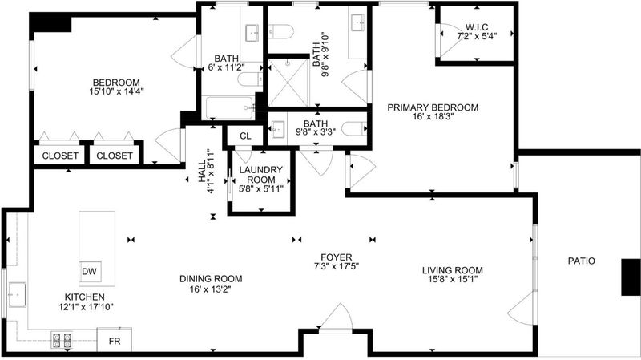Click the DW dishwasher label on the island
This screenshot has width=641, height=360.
coord(89,271)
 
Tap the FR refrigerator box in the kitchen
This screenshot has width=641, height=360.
coord(115,340)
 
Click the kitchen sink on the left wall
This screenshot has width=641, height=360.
coord(17,294)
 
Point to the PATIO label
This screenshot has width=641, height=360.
coord(582,261)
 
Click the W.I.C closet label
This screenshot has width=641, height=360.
coord(477,27)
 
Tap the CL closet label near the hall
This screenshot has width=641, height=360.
coord(245,136)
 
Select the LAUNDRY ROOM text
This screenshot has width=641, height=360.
coord(261,175)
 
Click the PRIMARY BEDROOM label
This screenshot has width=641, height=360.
coord(433,107)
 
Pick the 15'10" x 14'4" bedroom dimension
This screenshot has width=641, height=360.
coord(116,91)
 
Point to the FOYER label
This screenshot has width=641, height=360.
coord(336,257)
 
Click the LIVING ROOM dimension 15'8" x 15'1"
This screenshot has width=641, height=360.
coord(452,279)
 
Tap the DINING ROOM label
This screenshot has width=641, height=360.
coord(211,279)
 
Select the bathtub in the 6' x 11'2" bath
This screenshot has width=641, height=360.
coord(229,107)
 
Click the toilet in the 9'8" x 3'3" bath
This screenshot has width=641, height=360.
coord(354,129)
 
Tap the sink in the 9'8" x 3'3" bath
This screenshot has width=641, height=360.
coord(278,129)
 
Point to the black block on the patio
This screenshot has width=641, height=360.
coord(631,277)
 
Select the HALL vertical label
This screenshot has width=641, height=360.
coord(203,171)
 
